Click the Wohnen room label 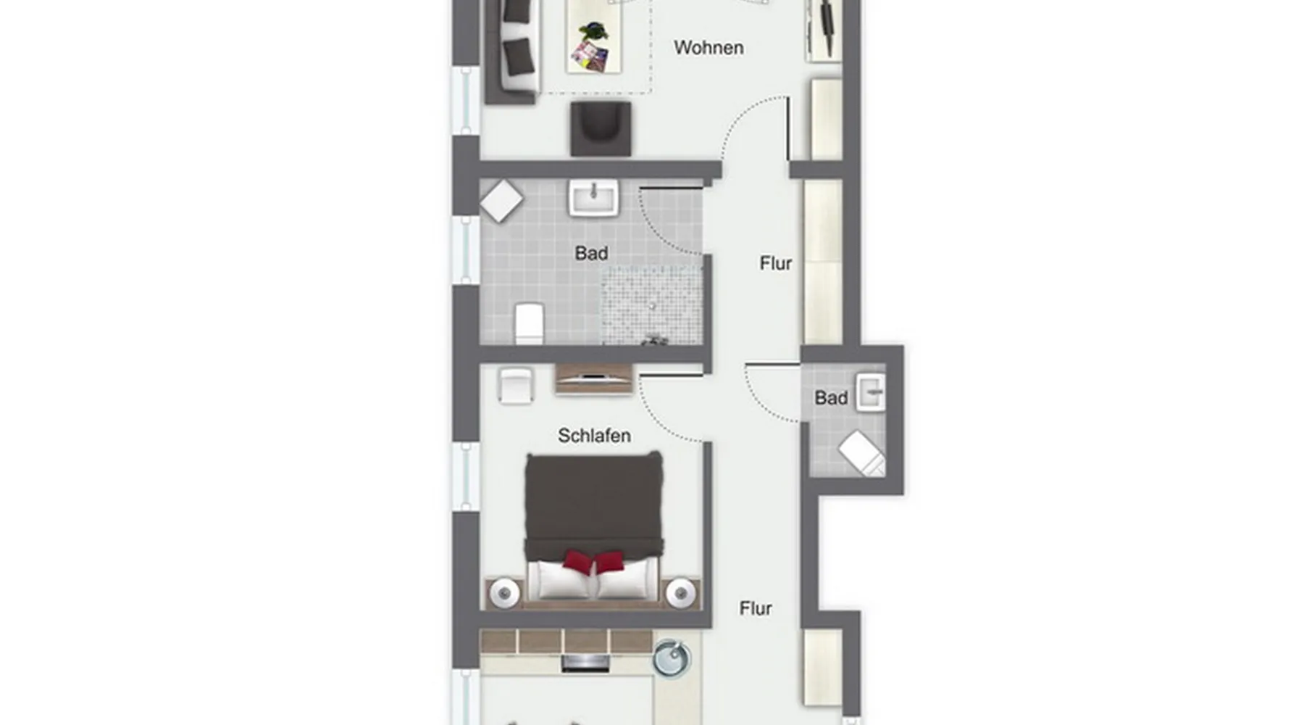click(x=709, y=48)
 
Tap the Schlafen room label click(x=594, y=436)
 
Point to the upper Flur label click(x=776, y=263)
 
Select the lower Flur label click(x=756, y=608)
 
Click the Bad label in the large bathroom click(x=591, y=253)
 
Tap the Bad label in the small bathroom click(x=831, y=397)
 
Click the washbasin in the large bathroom click(x=593, y=198)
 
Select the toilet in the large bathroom click(x=529, y=323)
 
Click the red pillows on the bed click(x=593, y=561)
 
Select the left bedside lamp click(x=504, y=594)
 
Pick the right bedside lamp click(x=681, y=594)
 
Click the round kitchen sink click(x=672, y=658)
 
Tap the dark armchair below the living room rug click(x=601, y=128)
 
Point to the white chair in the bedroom click(x=515, y=385)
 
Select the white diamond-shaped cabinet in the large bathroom click(x=501, y=201)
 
